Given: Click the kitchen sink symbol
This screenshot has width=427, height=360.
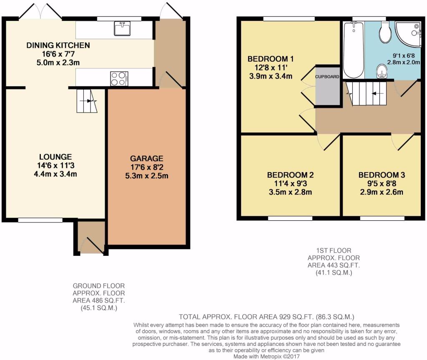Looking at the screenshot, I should click(122, 29).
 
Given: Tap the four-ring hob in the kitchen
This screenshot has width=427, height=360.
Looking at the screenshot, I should click(119, 78).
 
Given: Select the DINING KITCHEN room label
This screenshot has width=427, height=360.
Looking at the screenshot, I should click(58, 45).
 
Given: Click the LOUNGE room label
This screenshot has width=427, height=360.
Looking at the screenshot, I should click(55, 157).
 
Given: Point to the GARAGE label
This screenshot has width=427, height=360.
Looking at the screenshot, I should click(146, 159).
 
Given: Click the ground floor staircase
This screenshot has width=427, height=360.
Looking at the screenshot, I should click(86, 101).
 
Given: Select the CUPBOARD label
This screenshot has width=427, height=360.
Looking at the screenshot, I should click(327, 77).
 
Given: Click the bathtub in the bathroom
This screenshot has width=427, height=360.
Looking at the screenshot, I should click(353, 50).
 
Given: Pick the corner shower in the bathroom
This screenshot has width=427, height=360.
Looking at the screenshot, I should click(408, 33).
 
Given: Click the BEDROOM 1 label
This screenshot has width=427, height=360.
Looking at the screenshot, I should click(268, 59).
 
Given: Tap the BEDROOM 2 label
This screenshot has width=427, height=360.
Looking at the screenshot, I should click(290, 175).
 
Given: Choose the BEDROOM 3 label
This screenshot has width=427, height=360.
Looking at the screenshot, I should click(382, 175).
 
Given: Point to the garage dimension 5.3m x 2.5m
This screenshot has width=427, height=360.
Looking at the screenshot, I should click(146, 175).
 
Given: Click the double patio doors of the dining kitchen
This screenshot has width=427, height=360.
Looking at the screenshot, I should click(40, 12).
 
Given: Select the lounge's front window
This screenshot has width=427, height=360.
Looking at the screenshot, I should click(40, 220).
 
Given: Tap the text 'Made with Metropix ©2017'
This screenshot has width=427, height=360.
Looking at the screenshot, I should click(267, 357).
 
